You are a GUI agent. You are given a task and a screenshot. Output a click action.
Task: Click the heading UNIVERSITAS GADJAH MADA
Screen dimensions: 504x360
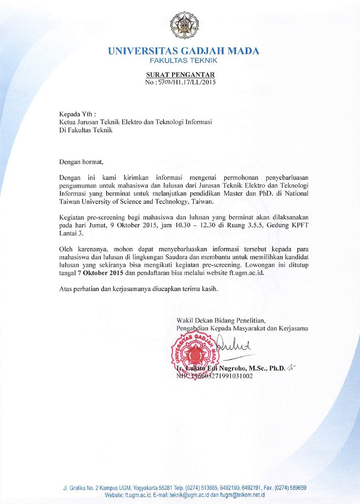pyautogui.click(x=183, y=51)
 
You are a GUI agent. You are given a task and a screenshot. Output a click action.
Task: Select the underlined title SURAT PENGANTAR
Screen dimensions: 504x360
pyautogui.click(x=180, y=75)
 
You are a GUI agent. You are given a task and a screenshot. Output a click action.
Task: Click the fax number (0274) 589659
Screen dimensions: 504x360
pyautogui.click(x=288, y=487)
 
